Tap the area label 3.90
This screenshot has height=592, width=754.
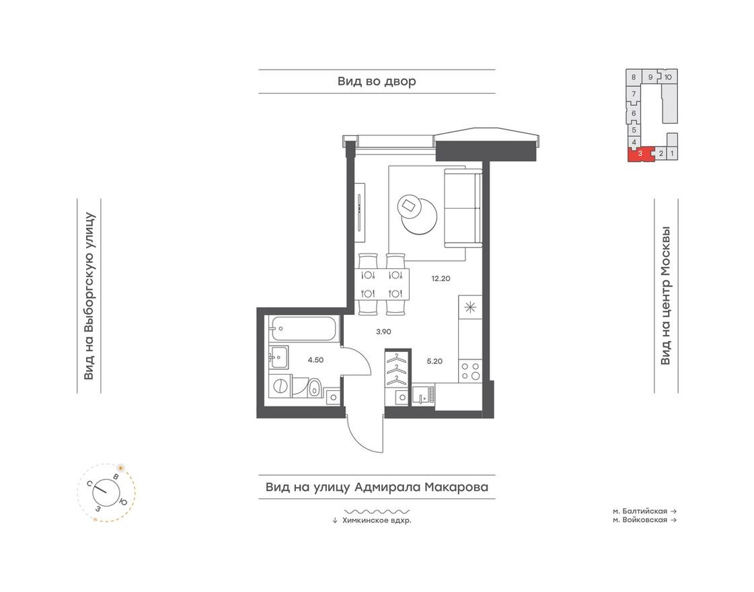point(383,331)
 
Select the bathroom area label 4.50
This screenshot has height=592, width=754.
point(315,360)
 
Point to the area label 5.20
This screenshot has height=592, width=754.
point(435,360)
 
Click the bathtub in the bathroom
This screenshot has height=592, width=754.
point(301,330)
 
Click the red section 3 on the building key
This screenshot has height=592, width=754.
point(640,155)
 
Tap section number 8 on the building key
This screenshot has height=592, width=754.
point(633,77)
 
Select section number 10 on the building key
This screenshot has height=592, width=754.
point(667,77)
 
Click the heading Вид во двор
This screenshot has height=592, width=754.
point(377,81)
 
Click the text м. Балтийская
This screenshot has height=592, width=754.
point(639,511)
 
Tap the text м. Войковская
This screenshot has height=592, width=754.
point(639,520)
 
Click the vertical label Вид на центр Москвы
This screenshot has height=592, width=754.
point(665,296)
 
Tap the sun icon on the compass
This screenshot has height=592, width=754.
point(121,467)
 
